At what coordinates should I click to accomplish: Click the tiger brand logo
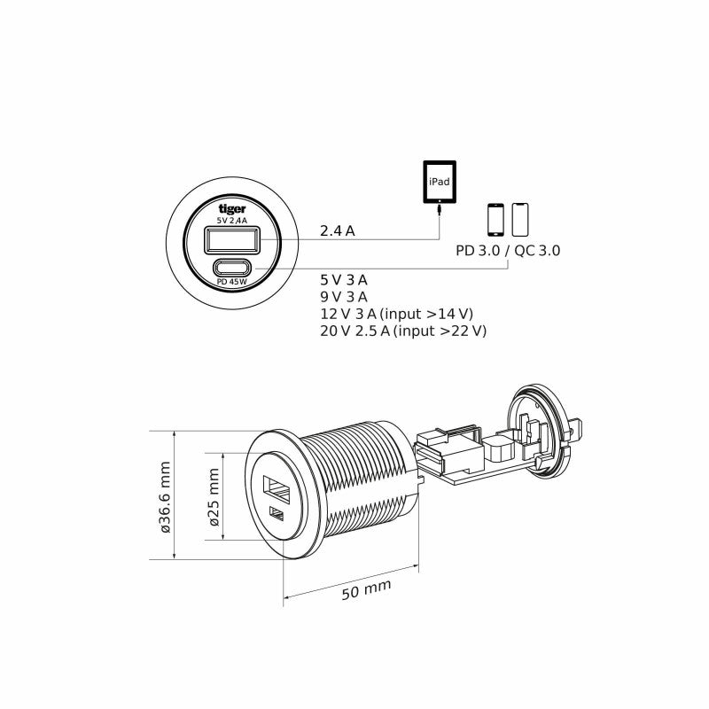click(x=232, y=208)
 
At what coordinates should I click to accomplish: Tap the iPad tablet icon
click(x=440, y=182)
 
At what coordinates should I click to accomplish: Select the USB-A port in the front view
click(x=233, y=240)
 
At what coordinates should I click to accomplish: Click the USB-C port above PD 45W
click(x=232, y=268)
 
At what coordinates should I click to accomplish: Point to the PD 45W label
click(x=232, y=282)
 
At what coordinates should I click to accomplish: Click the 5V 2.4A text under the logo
click(x=232, y=220)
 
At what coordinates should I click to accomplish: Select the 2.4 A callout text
click(x=338, y=231)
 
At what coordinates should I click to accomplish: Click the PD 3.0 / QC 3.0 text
click(x=508, y=251)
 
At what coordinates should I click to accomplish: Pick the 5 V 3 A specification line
click(x=344, y=280)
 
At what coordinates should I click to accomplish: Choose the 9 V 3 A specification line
click(x=344, y=297)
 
